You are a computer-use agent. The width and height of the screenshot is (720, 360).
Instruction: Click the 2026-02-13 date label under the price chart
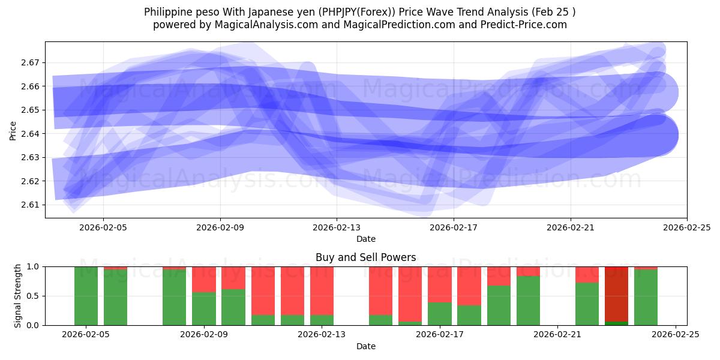[x=337, y=227]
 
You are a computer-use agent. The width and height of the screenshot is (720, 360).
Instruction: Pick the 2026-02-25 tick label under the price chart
[x=687, y=227]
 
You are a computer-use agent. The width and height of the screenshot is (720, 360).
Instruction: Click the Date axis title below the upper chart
[x=366, y=239]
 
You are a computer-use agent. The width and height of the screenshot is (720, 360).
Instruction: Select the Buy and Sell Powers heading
[x=366, y=257]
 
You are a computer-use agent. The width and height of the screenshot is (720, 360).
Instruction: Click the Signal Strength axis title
[x=18, y=296]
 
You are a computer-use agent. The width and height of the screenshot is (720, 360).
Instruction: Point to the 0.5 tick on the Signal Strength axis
[x=32, y=296]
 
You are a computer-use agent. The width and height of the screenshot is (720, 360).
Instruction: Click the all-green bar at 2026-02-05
[x=86, y=296]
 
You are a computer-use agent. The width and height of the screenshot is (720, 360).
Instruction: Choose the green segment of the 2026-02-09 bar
[x=204, y=308]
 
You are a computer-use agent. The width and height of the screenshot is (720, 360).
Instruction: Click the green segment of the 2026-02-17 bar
[x=440, y=314]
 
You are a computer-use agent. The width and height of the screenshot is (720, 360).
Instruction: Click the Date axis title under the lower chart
[x=366, y=346]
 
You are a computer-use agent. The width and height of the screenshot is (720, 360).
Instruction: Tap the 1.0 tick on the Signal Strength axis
[x=32, y=266]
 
